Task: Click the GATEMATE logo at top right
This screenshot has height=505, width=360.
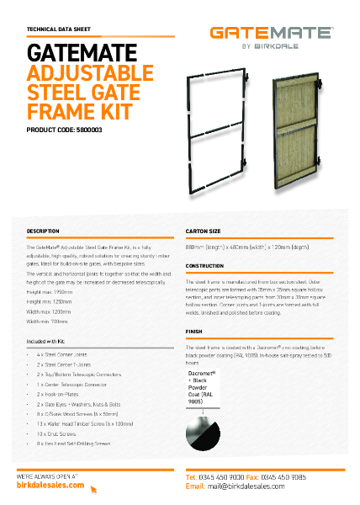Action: click(271, 35)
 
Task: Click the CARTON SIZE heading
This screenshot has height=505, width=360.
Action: click(203, 230)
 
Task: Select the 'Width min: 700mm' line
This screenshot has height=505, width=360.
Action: click(45, 321)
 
